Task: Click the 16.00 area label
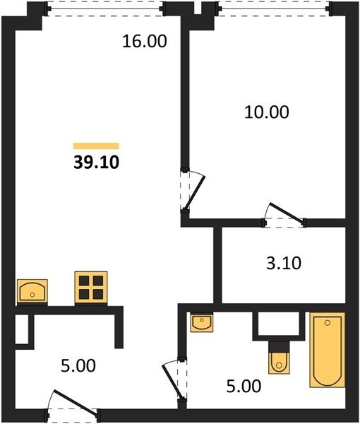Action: point(145,42)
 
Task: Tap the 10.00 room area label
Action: point(267,112)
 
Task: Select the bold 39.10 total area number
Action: point(96,163)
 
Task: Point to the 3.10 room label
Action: point(284,263)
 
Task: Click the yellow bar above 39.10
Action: point(96,146)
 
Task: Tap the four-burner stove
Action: point(91,287)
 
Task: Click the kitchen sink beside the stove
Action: point(32,291)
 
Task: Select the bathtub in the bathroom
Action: point(328,350)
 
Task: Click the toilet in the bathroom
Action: point(279,358)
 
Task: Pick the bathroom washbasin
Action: point(202,322)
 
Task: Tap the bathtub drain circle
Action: point(328,323)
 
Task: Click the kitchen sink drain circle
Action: point(32,295)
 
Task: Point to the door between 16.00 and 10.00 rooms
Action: point(193,189)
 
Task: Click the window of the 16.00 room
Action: point(105,9)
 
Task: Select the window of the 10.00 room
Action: point(274,8)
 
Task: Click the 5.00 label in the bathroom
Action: point(244,386)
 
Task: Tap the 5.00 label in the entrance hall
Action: point(78,365)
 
